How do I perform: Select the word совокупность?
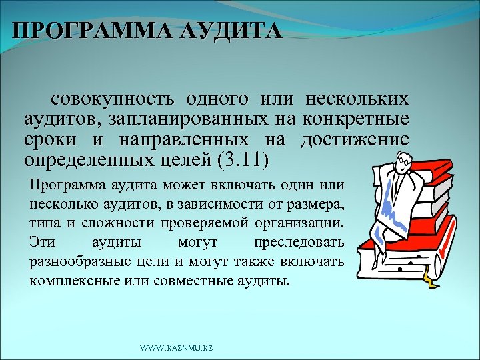[113, 101]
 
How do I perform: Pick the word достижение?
[355, 141]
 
